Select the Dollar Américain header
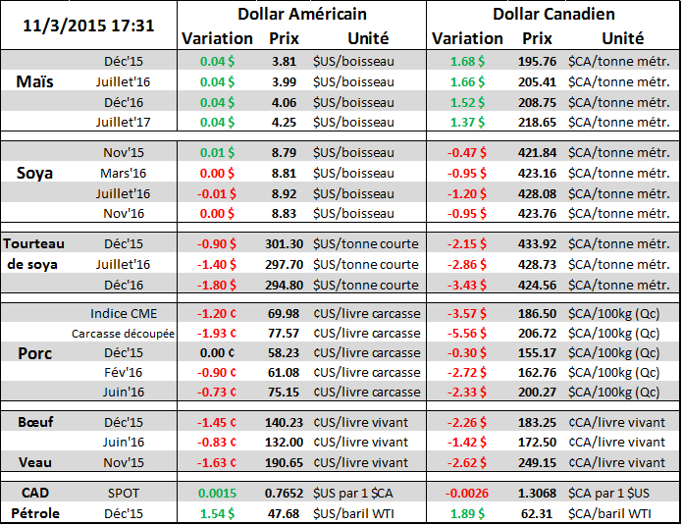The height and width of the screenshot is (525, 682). coord(302,14)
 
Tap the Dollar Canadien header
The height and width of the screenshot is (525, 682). coord(552,14)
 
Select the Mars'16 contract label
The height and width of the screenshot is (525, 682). coord(123,173)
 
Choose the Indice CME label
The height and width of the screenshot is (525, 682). coord(123,313)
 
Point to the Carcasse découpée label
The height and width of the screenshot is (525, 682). coord(123,334)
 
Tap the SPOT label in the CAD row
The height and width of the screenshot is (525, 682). coord(123,493)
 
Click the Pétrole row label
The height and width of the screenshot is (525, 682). coord(35,512)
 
